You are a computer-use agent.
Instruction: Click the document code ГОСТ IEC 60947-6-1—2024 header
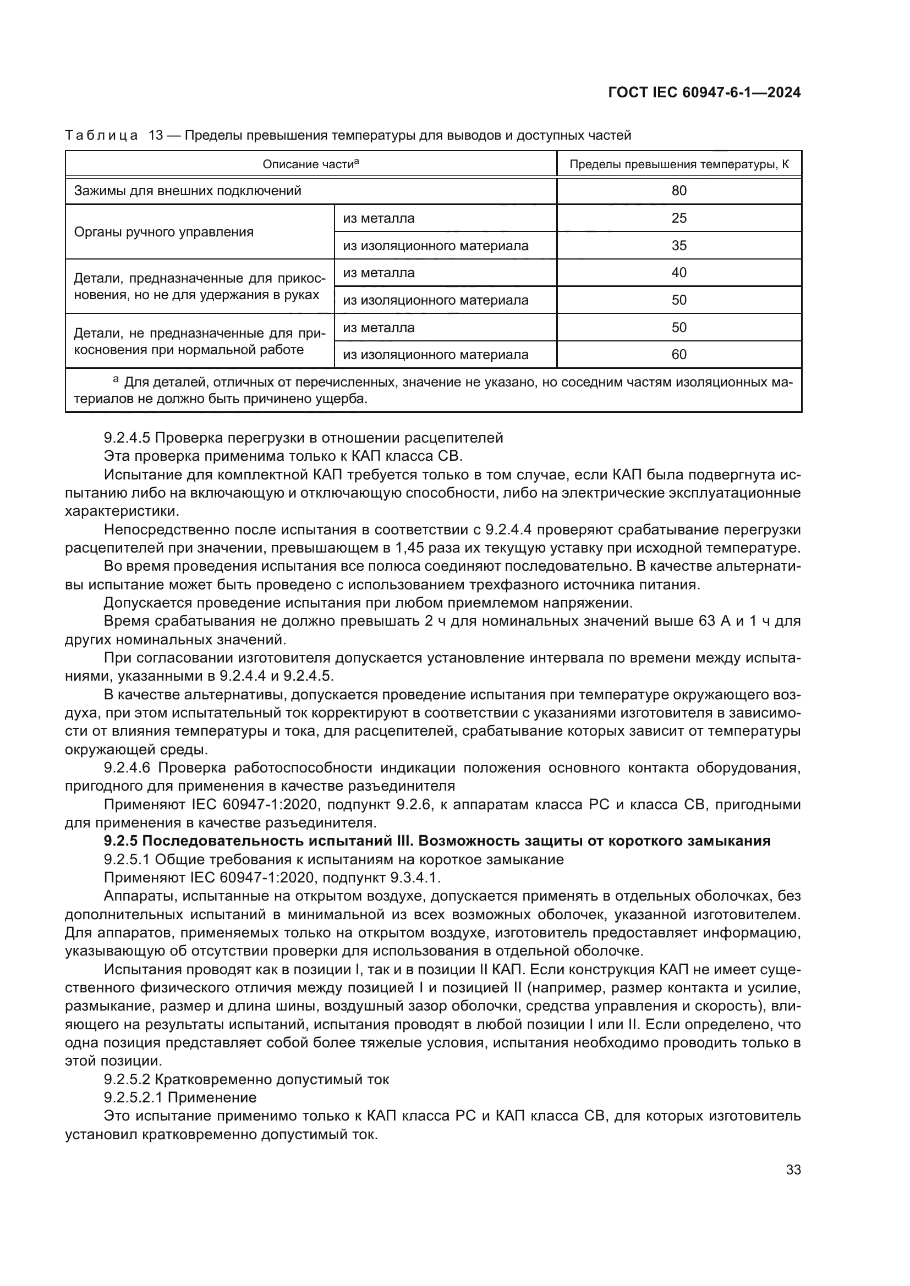pyautogui.click(x=704, y=92)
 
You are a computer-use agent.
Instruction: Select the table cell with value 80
pyautogui.click(x=678, y=191)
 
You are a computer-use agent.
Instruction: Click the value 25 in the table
pyautogui.click(x=678, y=218)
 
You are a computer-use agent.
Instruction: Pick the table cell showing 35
pyautogui.click(x=678, y=246)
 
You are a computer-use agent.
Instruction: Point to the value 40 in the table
pyautogui.click(x=678, y=273)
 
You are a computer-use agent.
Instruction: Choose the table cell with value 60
pyautogui.click(x=678, y=355)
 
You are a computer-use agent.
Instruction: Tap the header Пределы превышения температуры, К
pyautogui.click(x=678, y=165)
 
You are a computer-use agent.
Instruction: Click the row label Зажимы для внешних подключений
pyautogui.click(x=188, y=191)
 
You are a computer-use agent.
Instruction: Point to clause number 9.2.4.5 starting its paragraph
pyautogui.click(x=126, y=438)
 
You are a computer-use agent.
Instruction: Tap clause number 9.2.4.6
pyautogui.click(x=126, y=768)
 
